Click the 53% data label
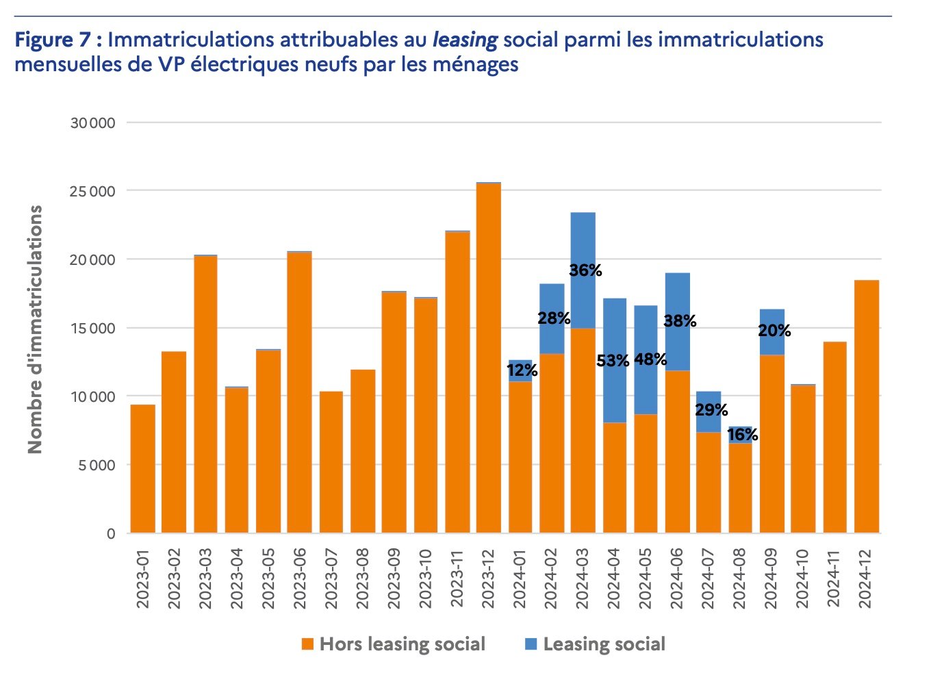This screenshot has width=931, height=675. (612, 361)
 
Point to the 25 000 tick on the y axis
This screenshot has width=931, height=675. (92, 192)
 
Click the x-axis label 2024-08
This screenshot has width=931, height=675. (741, 578)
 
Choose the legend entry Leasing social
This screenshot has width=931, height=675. (595, 644)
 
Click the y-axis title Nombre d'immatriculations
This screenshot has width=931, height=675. (35, 329)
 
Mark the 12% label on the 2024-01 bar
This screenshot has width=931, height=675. (522, 371)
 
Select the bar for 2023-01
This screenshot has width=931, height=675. (143, 469)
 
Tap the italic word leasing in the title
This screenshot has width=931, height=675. (465, 40)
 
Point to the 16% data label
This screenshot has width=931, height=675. (742, 435)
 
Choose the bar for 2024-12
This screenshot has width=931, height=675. (867, 407)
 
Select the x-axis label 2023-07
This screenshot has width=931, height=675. (331, 578)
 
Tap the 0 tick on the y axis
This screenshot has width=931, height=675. (111, 534)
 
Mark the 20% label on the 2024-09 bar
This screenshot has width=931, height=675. (774, 331)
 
